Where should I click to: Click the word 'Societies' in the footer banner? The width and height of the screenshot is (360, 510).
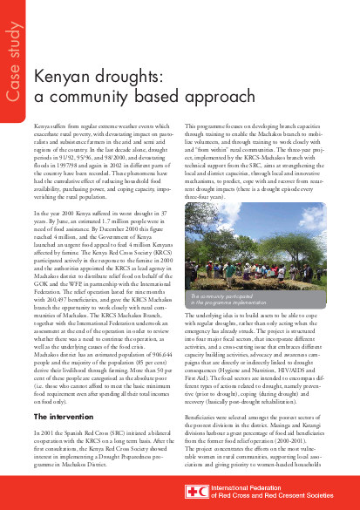pyautogui.click(x=332, y=497)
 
